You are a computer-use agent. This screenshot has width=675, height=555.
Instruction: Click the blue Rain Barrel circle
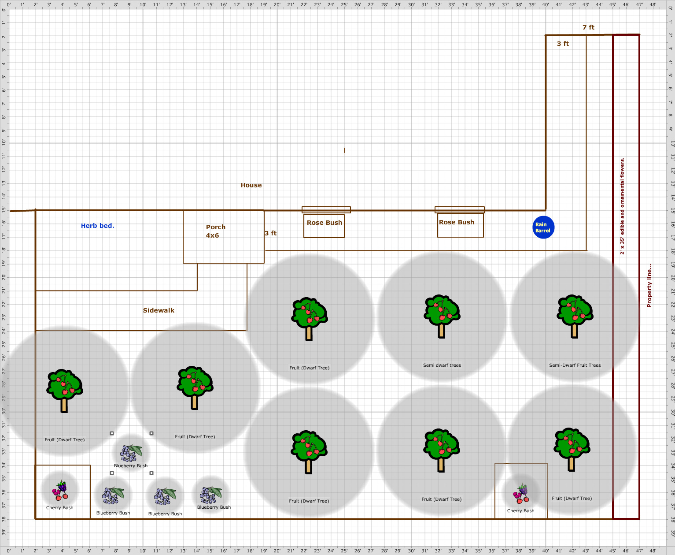tap(543, 227)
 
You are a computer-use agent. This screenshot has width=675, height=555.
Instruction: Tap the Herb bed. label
tap(97, 226)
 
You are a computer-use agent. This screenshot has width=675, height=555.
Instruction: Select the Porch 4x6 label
tap(215, 231)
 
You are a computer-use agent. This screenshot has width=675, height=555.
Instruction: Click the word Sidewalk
tap(159, 310)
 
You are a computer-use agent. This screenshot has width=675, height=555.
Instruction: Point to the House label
tap(251, 185)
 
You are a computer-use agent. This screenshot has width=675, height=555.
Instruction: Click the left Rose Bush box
tap(324, 226)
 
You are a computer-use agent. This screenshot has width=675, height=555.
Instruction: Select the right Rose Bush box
tap(460, 226)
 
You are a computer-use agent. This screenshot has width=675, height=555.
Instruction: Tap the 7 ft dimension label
tap(588, 27)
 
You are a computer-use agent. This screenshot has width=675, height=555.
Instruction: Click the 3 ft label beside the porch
tap(270, 233)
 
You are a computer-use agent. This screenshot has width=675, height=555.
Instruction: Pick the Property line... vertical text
tap(649, 286)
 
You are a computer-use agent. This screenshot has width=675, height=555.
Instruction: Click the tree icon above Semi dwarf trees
tap(442, 316)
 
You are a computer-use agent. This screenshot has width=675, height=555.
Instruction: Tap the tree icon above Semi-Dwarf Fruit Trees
tap(575, 316)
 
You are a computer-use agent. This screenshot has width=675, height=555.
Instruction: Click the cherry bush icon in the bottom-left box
tap(60, 490)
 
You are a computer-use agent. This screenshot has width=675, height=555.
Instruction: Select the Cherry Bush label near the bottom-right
tap(521, 511)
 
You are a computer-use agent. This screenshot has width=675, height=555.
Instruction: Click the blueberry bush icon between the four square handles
tap(131, 453)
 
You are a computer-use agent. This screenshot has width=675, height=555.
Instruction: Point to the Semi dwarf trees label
tap(442, 365)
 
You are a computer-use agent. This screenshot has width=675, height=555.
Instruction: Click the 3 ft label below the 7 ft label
tap(563, 44)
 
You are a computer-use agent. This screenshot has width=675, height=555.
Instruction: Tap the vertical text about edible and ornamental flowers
tap(622, 206)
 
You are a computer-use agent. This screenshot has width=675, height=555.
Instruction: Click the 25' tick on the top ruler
tap(344, 4)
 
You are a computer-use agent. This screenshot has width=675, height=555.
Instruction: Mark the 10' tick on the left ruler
tap(4, 142)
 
